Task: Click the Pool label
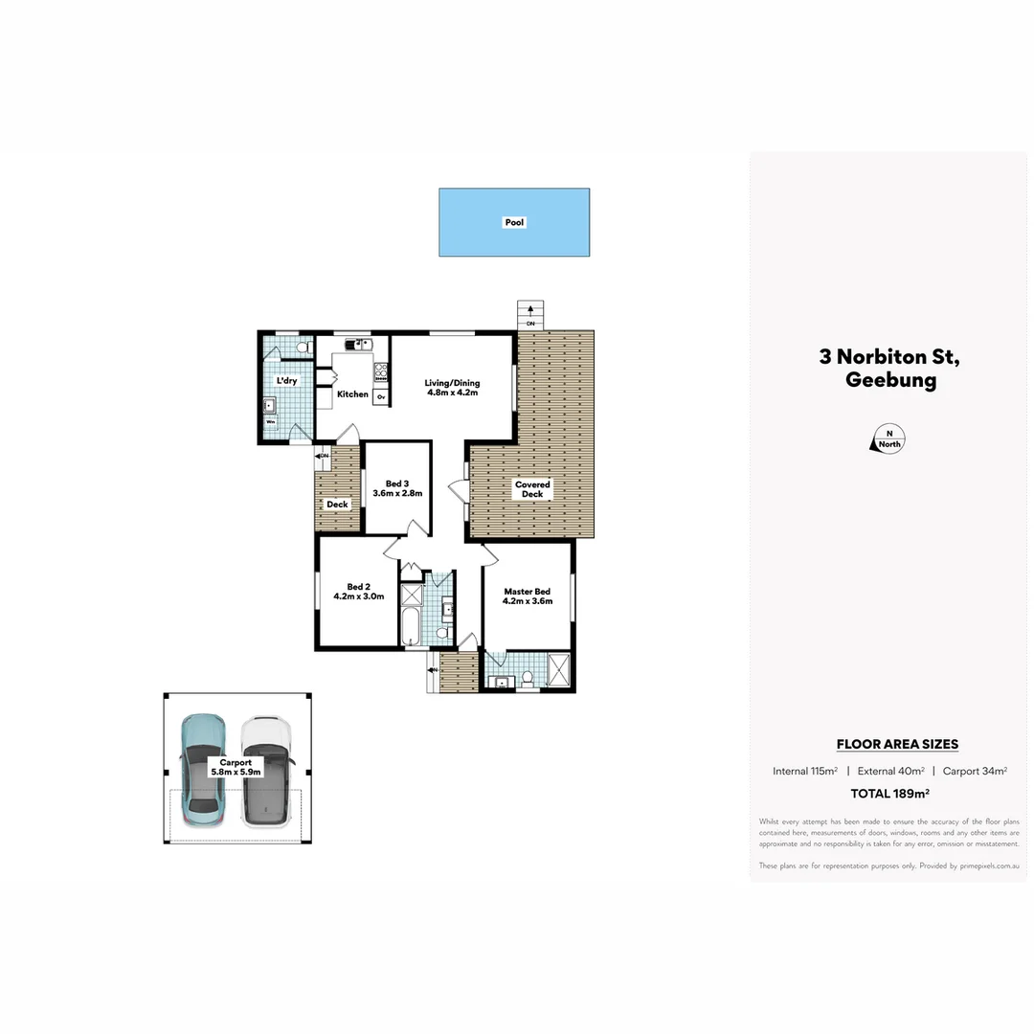pos(514,222)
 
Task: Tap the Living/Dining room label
pos(452,388)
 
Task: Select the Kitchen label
pos(352,394)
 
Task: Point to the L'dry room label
pos(286,381)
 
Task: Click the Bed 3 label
pos(397,488)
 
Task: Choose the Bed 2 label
pos(358,591)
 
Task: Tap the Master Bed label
pos(528,596)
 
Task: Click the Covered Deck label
pos(532,489)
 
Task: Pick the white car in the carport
pos(265,771)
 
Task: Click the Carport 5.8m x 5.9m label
pos(235,767)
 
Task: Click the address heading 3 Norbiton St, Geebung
pos(889,369)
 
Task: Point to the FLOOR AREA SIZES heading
pos(897,744)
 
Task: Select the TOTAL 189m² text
pos(890,794)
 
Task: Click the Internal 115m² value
pos(805,771)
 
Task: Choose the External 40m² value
pos(890,771)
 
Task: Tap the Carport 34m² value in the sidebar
pos(975,771)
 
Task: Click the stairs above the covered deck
pos(529,315)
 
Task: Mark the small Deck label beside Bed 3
pos(337,505)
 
